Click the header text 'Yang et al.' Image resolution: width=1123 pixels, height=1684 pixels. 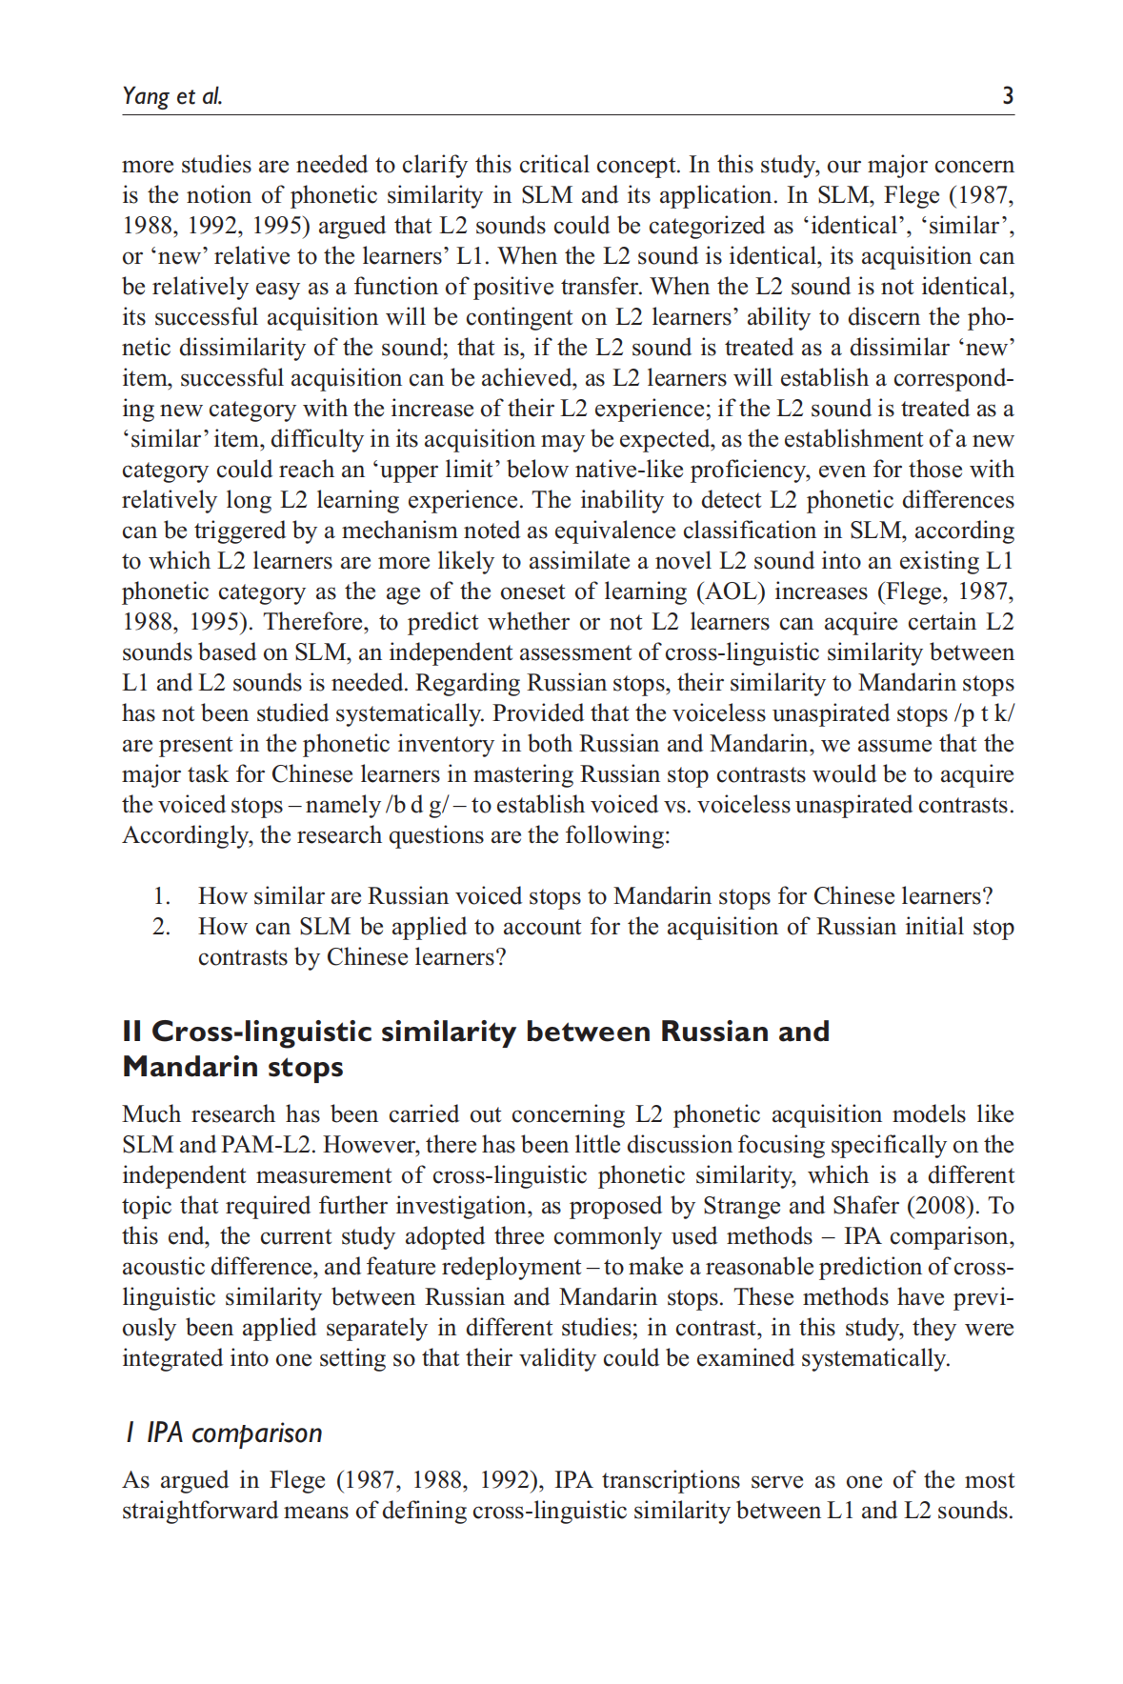coord(172,96)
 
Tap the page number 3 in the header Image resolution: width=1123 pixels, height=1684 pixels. coord(1007,96)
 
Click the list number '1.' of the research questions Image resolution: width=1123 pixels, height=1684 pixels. coord(162,896)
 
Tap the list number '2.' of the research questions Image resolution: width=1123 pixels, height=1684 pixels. coord(162,927)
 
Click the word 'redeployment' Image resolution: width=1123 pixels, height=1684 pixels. coord(521,1267)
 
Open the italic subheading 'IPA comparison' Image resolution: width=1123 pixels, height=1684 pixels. coord(233,1433)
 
